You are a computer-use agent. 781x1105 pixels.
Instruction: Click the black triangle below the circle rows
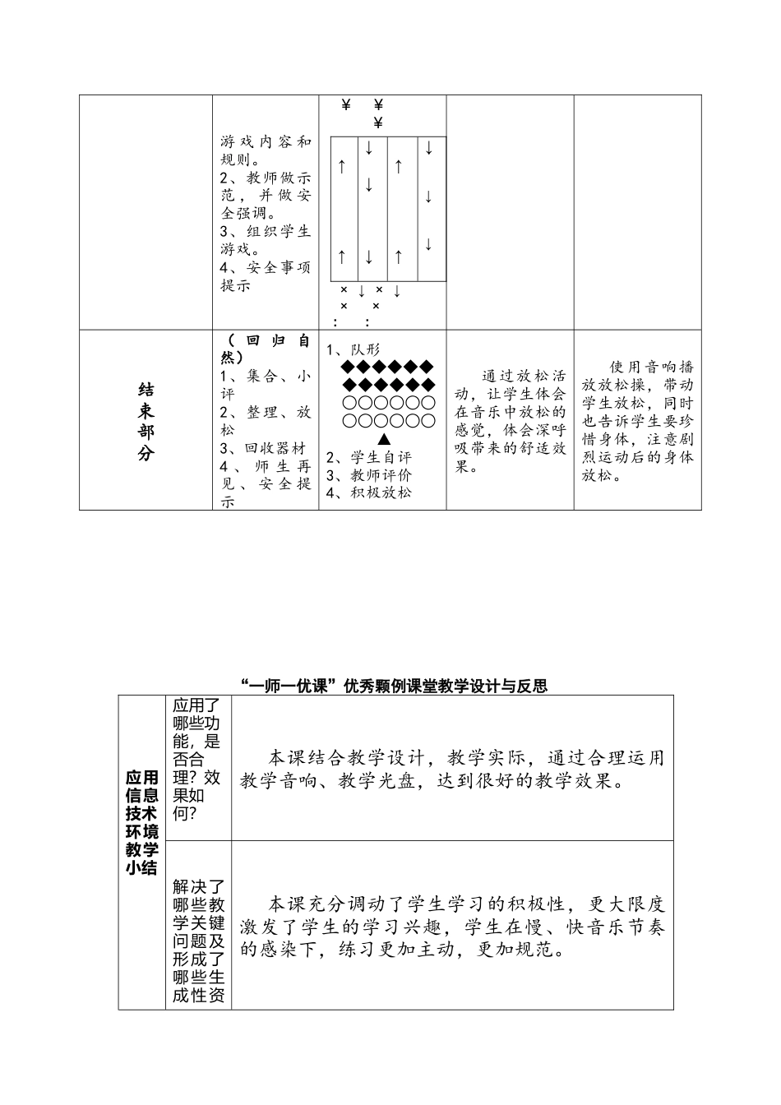tap(384, 438)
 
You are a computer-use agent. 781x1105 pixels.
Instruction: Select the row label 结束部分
tap(146, 420)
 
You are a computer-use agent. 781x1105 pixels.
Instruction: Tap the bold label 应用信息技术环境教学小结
tap(141, 822)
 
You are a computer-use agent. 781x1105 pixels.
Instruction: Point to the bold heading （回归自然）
tap(266, 349)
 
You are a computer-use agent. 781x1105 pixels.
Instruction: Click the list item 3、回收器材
tap(263, 448)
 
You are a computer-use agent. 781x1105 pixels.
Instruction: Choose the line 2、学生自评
tap(369, 457)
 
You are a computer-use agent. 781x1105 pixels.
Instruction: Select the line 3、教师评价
tap(369, 475)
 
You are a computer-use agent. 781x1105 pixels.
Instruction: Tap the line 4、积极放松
tap(369, 492)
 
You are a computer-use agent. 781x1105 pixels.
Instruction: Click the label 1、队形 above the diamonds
tap(354, 349)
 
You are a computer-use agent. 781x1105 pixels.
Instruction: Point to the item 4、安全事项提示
tap(266, 276)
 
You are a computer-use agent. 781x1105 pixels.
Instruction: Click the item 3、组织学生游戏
tap(266, 240)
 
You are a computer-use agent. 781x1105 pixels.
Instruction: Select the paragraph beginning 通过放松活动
tap(510, 421)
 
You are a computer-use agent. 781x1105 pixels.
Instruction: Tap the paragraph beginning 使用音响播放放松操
tap(638, 420)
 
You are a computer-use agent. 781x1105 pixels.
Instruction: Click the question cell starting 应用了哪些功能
tap(198, 759)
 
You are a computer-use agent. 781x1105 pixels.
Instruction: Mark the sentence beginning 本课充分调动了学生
tap(452, 927)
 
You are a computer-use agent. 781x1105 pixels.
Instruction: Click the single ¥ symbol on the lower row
tap(378, 123)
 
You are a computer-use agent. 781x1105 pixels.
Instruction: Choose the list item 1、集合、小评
tap(266, 385)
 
